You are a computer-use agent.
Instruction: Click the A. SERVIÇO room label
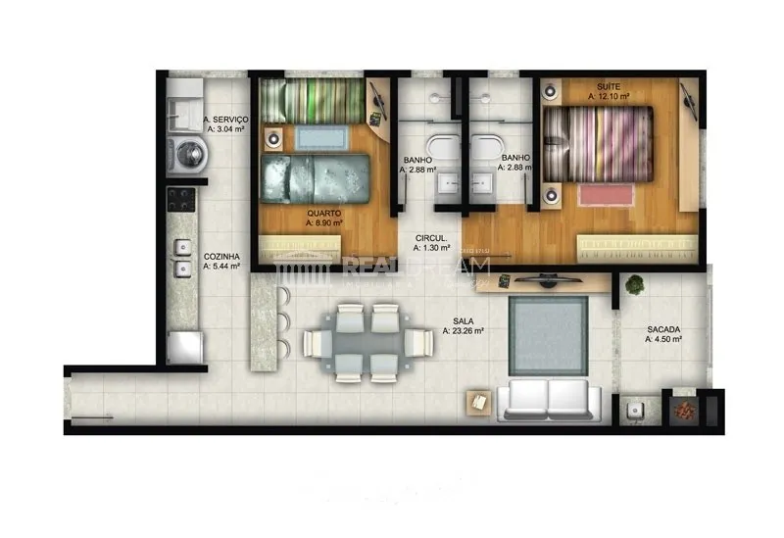pos(225,121)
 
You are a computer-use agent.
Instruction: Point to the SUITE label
pos(608,87)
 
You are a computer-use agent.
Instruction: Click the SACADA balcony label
pos(663,330)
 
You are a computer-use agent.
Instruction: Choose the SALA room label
pos(464,321)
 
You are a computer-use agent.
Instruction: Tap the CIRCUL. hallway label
pos(431,238)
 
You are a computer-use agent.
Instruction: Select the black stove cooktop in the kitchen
pos(181,200)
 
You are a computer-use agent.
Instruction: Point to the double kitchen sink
pos(182,257)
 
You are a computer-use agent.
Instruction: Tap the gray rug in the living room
pos(549,334)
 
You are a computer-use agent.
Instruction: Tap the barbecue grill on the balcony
pos(684,411)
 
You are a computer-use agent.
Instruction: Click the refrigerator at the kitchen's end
pos(185,349)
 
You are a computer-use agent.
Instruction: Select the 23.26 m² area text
pos(464,331)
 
